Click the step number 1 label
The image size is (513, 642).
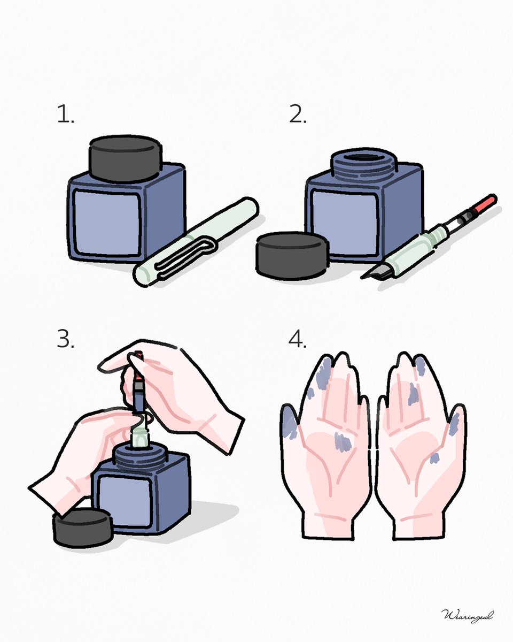coord(65,114)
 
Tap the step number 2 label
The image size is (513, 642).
coord(298,114)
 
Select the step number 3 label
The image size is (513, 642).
coord(65,340)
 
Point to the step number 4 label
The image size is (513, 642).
coord(298,340)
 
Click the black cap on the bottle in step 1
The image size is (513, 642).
coord(126,158)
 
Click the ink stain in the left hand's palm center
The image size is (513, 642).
coord(342,441)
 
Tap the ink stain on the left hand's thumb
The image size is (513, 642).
coord(288,423)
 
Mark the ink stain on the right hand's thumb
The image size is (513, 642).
coord(454,423)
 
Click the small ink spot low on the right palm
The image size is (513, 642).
coord(434,458)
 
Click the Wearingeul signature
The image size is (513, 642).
coord(468,615)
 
